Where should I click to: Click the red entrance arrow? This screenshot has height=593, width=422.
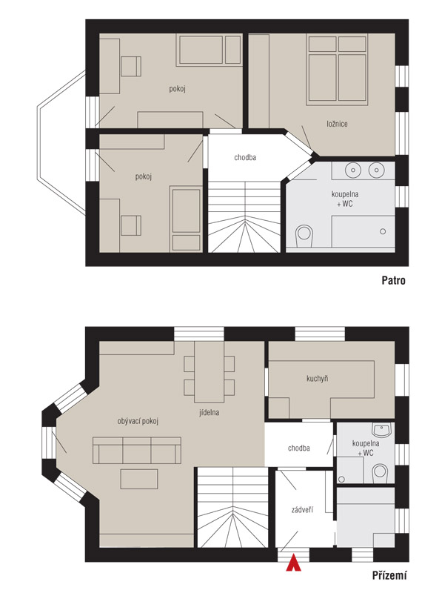(x=293, y=563)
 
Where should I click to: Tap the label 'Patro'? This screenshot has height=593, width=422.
(x=393, y=280)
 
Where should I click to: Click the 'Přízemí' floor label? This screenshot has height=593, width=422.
(x=389, y=576)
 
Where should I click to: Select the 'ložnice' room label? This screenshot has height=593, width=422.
(x=337, y=124)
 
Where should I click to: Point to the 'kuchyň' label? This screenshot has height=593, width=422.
(x=317, y=379)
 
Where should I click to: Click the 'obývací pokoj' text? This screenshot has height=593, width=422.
(x=138, y=421)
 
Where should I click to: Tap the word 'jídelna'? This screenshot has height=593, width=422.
(x=210, y=412)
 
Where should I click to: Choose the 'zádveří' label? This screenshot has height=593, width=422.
(x=302, y=510)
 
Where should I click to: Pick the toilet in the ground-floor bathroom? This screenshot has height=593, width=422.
(x=380, y=474)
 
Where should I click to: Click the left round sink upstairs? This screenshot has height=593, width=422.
(x=353, y=170)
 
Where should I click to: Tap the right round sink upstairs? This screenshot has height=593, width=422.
(x=376, y=170)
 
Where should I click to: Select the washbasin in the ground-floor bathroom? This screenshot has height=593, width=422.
(x=382, y=430)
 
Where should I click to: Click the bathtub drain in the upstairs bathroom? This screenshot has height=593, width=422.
(x=383, y=231)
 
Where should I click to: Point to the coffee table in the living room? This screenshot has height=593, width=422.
(x=139, y=479)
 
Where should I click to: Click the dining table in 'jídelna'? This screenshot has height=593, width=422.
(x=210, y=372)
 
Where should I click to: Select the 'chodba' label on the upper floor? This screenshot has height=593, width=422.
(x=245, y=157)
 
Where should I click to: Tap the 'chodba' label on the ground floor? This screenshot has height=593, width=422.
(x=299, y=448)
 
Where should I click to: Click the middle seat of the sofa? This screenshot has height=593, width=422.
(x=137, y=451)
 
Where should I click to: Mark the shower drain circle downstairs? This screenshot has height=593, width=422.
(x=342, y=479)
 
